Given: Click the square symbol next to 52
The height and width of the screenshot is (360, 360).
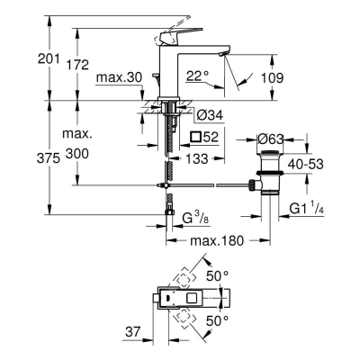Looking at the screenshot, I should pos(197,137).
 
